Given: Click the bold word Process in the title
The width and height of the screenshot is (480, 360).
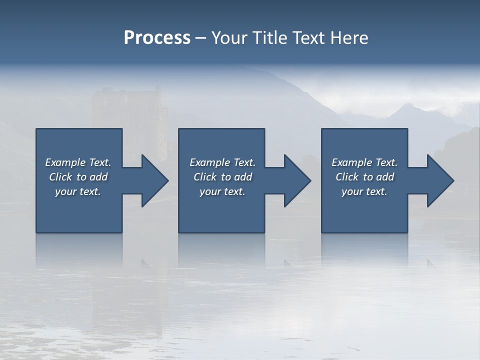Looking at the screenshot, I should click(x=157, y=38).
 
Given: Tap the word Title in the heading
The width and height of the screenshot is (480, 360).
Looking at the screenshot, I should click(x=268, y=38).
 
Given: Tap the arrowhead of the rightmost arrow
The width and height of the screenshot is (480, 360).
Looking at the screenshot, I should click(x=440, y=180).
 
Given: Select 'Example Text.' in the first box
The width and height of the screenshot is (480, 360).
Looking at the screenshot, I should click(x=78, y=162).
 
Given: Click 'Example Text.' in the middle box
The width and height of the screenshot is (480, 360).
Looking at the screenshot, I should click(x=222, y=162).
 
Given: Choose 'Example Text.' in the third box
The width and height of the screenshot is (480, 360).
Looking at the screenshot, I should click(x=364, y=162).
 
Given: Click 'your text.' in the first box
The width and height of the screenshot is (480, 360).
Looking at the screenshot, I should click(x=78, y=191).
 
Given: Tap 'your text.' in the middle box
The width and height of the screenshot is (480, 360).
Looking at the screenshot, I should click(x=222, y=191).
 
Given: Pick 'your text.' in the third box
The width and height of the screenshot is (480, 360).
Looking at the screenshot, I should click(x=364, y=191).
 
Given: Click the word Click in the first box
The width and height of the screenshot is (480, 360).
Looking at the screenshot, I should click(x=60, y=177).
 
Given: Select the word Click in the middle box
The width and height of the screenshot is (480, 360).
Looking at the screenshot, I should click(x=205, y=177).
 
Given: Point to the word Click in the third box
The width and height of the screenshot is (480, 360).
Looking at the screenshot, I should click(x=347, y=177).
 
